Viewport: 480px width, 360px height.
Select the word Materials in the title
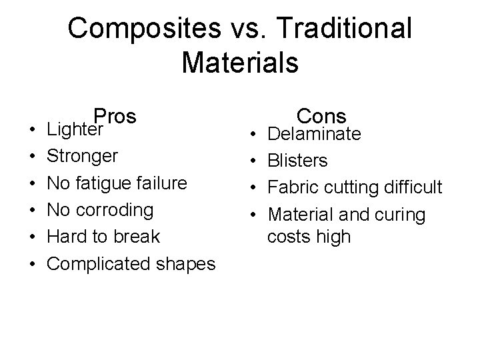pyautogui.click(x=240, y=63)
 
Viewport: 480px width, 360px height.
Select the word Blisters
pyautogui.click(x=297, y=161)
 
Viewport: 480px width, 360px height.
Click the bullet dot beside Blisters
pyautogui.click(x=255, y=161)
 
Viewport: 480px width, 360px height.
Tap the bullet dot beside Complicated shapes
pyautogui.click(x=33, y=265)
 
